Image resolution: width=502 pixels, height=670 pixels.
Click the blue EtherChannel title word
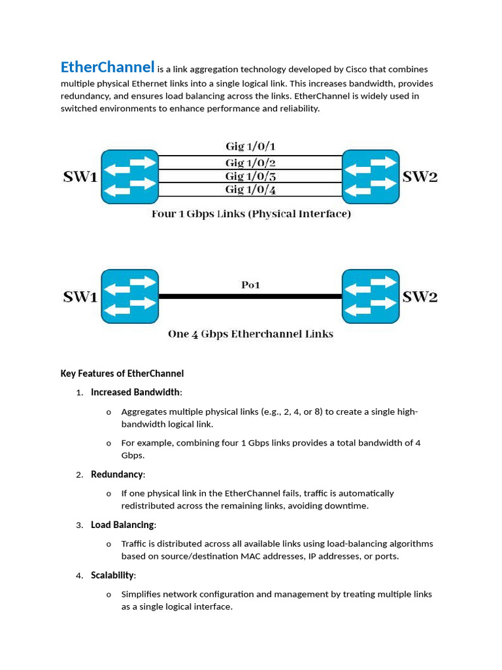click(x=107, y=67)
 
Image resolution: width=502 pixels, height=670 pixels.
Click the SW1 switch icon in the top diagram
click(x=129, y=177)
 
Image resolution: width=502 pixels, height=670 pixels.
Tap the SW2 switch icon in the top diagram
click(x=371, y=177)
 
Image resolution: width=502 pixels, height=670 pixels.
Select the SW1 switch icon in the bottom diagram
click(x=129, y=296)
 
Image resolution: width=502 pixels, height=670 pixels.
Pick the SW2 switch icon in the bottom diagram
click(x=371, y=296)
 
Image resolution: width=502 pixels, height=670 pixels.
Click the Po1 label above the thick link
click(x=250, y=285)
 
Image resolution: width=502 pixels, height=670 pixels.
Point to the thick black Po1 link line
click(x=250, y=296)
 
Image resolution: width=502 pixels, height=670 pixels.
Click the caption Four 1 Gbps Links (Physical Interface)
click(x=251, y=214)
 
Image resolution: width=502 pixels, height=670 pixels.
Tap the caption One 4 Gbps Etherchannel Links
click(x=250, y=334)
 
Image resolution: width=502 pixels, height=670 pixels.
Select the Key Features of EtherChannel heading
click(x=122, y=374)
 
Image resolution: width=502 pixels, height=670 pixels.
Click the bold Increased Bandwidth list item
click(x=135, y=393)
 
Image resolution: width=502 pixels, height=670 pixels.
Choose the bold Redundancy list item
click(x=116, y=474)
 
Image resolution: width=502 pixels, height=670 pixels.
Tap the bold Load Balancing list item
click(x=122, y=525)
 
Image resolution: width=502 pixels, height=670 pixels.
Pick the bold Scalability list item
click(x=112, y=575)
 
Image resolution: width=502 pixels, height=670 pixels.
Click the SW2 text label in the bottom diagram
click(x=420, y=296)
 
